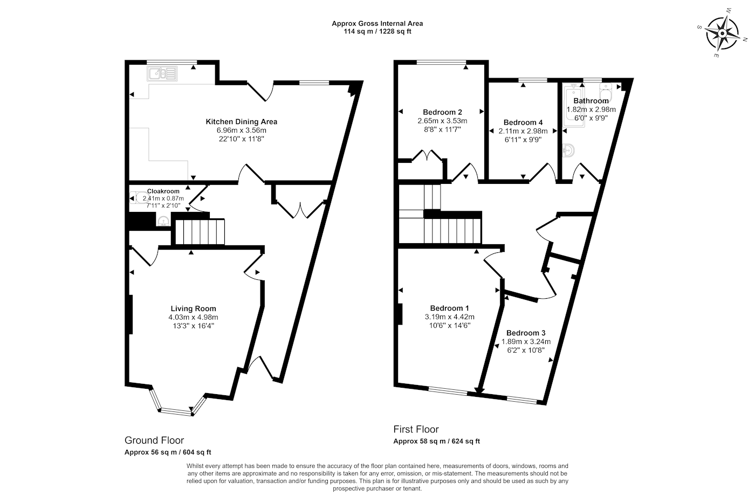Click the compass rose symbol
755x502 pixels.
[x=722, y=33]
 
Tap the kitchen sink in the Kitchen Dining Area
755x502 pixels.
[x=162, y=73]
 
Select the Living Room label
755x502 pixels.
[x=193, y=308]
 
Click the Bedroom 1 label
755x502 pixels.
[x=449, y=308]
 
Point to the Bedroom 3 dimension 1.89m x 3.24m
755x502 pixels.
[x=526, y=341]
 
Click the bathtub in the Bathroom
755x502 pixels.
[x=575, y=106]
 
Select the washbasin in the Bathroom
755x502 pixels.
[x=568, y=150]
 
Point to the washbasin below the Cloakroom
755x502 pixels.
[x=164, y=221]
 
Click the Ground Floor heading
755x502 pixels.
[x=154, y=440]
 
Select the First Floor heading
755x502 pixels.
[x=416, y=429]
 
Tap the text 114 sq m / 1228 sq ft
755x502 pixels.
[x=377, y=31]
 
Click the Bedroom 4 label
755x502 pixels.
[x=523, y=122]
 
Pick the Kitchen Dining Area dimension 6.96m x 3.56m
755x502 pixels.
[x=242, y=130]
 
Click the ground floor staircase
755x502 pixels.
[x=200, y=231]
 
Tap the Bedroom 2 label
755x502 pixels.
[x=442, y=112]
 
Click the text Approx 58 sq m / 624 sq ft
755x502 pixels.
[x=436, y=441]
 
